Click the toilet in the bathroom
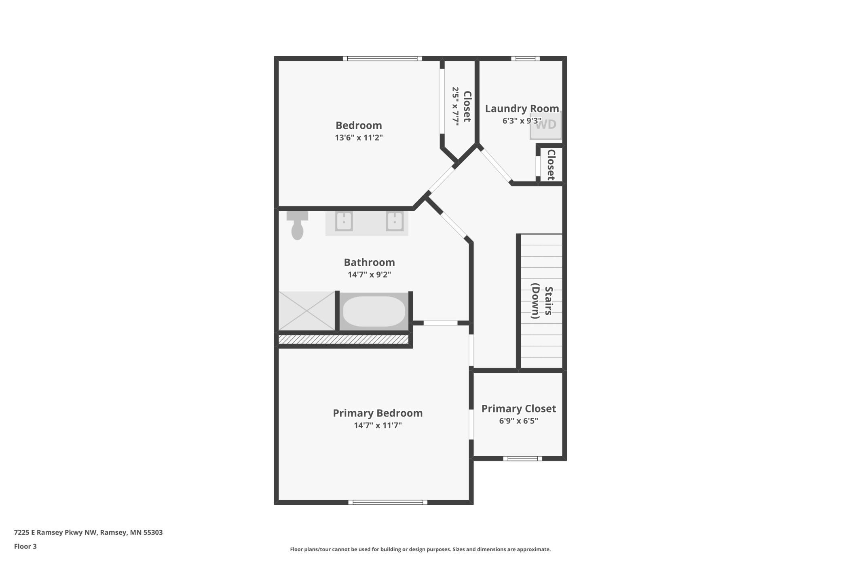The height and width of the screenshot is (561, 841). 297,225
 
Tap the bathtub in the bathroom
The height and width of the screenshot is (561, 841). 374,311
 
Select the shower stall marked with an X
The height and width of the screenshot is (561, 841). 307,311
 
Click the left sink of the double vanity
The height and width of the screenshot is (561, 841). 344,221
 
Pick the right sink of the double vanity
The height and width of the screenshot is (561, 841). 394,221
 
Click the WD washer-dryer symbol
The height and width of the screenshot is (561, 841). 546,125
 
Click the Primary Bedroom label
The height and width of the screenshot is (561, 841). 378,413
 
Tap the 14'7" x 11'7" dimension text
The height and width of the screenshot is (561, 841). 378,425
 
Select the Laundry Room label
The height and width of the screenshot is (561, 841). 522,108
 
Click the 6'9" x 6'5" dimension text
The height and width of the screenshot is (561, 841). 518,421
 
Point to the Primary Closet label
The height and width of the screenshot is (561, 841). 519,408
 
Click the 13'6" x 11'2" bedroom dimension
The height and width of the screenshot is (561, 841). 359,138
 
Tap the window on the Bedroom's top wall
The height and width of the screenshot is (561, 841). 382,59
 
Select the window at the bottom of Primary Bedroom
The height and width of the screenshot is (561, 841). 388,502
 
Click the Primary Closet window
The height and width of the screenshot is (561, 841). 522,459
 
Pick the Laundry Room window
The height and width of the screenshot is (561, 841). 525,59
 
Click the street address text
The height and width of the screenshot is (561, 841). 89,532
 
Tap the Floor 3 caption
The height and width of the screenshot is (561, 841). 25,546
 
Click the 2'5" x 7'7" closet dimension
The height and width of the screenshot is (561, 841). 456,106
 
